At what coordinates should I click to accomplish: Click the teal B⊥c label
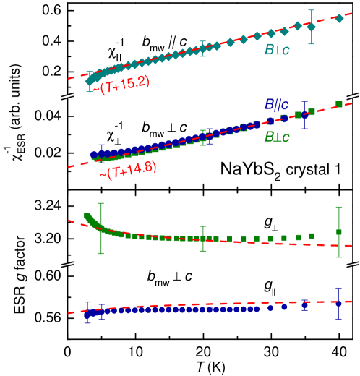[277, 51]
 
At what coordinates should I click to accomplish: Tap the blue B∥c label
[277, 105]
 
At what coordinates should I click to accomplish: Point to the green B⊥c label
[277, 137]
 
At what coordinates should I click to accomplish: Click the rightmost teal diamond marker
[340, 18]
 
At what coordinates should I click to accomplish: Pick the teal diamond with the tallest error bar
[311, 27]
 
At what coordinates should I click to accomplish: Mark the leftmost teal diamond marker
[89, 82]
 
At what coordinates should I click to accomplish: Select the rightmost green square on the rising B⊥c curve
[338, 104]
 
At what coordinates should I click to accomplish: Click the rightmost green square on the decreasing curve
[338, 232]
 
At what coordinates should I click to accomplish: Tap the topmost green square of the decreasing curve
[87, 215]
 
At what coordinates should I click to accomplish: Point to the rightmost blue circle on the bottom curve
[338, 303]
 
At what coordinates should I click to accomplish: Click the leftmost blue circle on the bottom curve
[87, 315]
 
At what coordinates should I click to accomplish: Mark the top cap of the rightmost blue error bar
[338, 289]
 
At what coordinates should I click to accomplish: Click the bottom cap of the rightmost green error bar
[338, 257]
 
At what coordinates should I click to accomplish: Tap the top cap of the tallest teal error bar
[311, 10]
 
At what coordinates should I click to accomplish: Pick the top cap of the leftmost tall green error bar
[101, 203]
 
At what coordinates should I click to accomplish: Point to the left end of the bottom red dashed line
[69, 313]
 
